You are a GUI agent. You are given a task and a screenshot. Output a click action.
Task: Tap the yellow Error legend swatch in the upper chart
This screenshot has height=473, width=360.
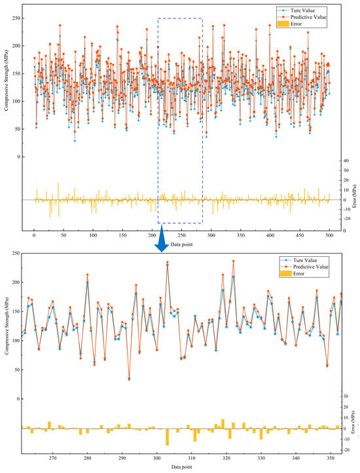click(281, 24)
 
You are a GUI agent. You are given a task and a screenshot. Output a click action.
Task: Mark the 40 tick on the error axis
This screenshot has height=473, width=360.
click(347, 160)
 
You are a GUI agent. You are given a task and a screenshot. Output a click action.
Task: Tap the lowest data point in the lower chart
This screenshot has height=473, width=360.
click(129, 379)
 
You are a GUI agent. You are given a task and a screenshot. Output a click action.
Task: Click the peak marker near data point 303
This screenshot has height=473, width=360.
click(167, 263)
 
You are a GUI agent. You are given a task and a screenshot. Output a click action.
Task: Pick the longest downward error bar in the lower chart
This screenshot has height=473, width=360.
click(167, 436)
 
